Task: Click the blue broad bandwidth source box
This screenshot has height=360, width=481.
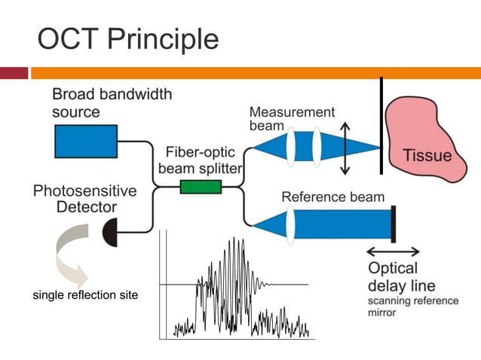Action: point(85,141)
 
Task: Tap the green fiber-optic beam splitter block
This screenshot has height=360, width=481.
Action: point(201,187)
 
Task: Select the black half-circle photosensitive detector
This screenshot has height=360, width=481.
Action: point(111,231)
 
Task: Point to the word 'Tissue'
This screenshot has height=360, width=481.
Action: point(427,156)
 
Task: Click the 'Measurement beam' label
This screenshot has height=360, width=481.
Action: point(291,119)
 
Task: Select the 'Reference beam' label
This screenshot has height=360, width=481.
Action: point(332,197)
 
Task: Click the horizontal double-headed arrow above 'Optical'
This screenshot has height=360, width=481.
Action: point(393,252)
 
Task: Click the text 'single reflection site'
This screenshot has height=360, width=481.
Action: point(85,295)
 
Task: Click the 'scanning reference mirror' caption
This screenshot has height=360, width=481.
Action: point(412,307)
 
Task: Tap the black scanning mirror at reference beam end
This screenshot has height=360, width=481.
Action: point(394,224)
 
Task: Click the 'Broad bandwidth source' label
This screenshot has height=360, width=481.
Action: point(112,103)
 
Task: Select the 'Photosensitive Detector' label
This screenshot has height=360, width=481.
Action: point(85,198)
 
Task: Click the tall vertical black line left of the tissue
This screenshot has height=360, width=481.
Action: point(381,125)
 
